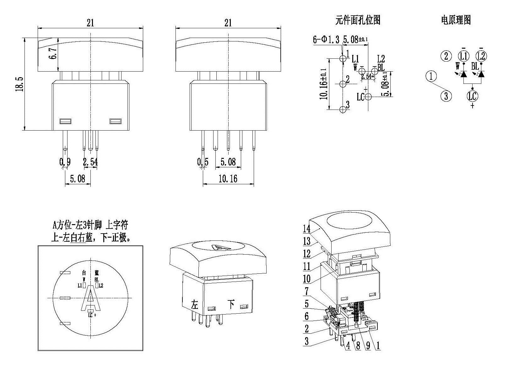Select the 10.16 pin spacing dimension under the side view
[x=228, y=179]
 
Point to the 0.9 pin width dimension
[x=65, y=162]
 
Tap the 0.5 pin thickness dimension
[x=203, y=162]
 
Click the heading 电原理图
[x=456, y=20]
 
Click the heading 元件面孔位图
[x=358, y=20]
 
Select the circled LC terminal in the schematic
[x=472, y=96]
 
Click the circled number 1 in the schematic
[x=431, y=76]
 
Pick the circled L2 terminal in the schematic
[x=481, y=56]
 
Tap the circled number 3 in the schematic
[x=446, y=96]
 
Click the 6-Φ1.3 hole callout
[x=326, y=40]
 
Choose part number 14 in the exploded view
[x=307, y=229]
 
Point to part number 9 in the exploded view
[x=368, y=346]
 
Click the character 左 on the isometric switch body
[x=195, y=304]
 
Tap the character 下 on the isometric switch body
[x=231, y=304]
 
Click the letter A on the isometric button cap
[x=217, y=247]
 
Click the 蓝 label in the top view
[x=96, y=273]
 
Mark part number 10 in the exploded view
[x=307, y=278]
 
